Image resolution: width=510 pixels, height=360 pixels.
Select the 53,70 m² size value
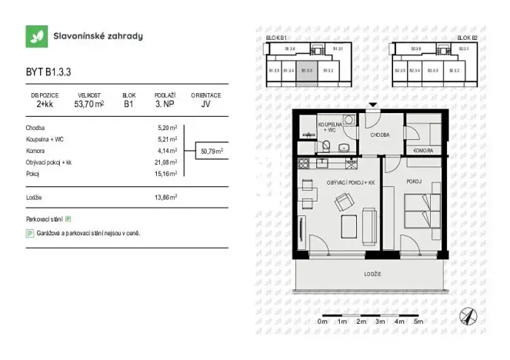pos(89,104)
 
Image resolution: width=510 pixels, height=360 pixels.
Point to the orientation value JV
pos(206,104)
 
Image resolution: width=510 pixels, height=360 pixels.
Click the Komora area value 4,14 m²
pos(167,151)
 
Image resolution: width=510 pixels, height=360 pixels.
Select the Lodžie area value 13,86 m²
pos(165,198)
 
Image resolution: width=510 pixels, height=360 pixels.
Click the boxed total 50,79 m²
pos(211,152)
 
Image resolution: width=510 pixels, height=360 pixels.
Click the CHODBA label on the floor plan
pos(380,134)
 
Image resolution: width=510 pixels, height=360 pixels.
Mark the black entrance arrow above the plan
pos(373,105)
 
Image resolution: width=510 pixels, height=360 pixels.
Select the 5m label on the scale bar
pos(418,321)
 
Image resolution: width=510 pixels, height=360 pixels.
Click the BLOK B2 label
pos(467,38)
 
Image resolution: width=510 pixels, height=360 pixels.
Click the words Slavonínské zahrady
pos(98,36)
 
